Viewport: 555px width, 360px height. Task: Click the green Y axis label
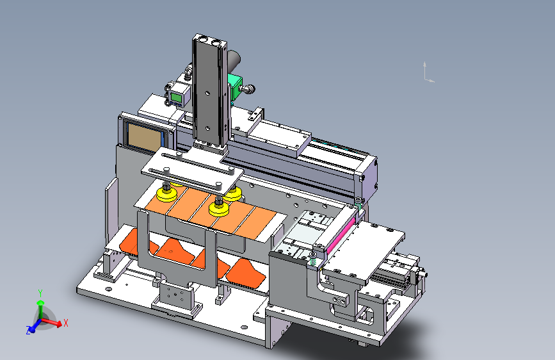pos(40,293)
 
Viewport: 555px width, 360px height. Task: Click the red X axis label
pos(65,323)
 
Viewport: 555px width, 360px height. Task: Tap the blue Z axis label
pos(28,331)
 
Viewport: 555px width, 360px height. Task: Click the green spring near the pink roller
pos(313,261)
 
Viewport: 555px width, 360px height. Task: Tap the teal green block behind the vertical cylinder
pos(234,87)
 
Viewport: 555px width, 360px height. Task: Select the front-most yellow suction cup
pos(219,209)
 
